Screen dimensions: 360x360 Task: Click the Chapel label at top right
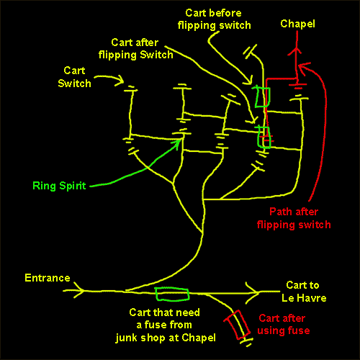(297, 24)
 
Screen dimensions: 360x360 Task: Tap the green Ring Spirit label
(59, 186)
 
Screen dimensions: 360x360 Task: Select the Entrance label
(48, 278)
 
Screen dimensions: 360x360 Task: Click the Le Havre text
(304, 298)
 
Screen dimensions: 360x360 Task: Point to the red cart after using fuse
(238, 325)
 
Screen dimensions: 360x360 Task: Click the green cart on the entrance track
(172, 294)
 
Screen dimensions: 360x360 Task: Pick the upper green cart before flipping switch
(262, 96)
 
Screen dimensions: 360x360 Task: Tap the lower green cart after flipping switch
(264, 137)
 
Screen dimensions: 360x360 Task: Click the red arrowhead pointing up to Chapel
(297, 51)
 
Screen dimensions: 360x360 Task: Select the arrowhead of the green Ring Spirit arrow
(177, 143)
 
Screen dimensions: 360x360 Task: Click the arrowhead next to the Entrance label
(79, 290)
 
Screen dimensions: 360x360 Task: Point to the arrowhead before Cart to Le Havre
(253, 293)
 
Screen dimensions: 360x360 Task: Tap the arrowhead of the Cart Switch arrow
(120, 81)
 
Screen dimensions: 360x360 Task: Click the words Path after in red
(294, 212)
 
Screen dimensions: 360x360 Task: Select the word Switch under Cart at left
(74, 84)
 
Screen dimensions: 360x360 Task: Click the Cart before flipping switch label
(214, 19)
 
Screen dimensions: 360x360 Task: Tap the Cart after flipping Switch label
(135, 49)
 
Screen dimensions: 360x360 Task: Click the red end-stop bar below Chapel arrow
(297, 85)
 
